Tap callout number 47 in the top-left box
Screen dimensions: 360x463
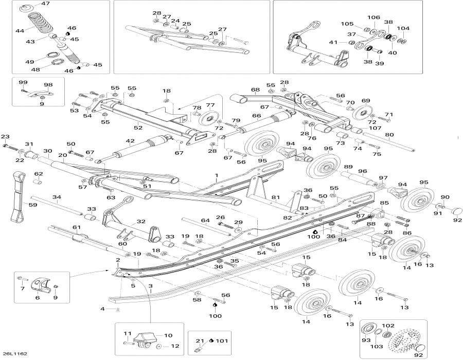(x=46, y=4)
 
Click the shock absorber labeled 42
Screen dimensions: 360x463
(x=139, y=147)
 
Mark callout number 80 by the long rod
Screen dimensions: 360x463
(x=389, y=136)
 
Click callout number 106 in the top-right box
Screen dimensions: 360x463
(x=373, y=17)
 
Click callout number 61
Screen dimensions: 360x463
(x=77, y=227)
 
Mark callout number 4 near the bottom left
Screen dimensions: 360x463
(x=102, y=309)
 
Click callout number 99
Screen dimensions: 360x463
(x=23, y=82)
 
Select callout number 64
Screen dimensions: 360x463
(x=205, y=221)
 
